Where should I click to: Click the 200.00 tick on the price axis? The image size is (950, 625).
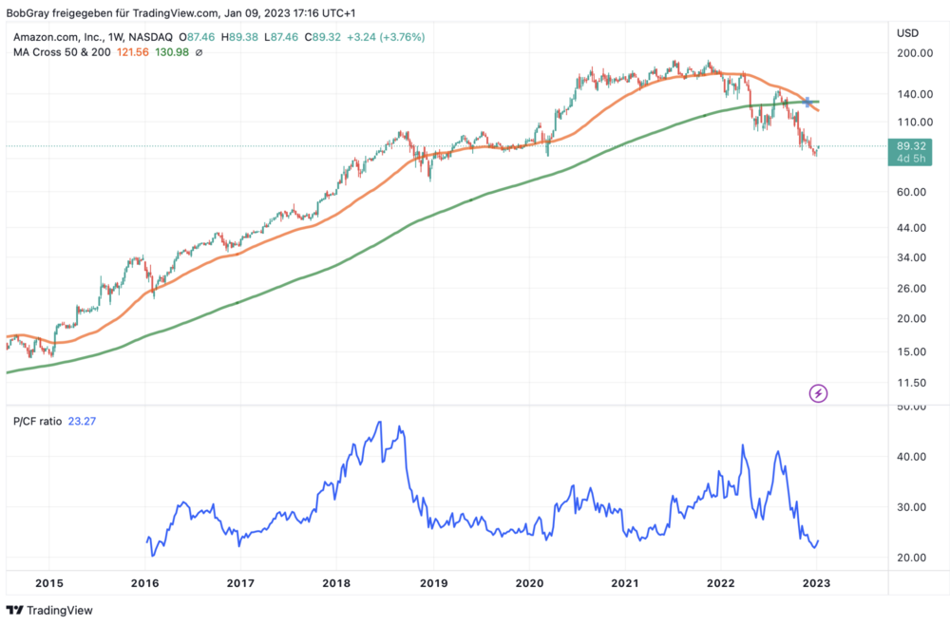(x=912, y=54)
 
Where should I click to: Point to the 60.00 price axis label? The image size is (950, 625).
(x=912, y=192)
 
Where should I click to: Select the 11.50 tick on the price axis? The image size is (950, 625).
(x=912, y=383)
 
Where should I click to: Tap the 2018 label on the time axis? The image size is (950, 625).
(x=336, y=582)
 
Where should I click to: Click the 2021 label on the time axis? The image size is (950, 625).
(x=624, y=582)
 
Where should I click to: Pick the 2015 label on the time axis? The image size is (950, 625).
(x=48, y=582)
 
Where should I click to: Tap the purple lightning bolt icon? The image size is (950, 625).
(x=818, y=392)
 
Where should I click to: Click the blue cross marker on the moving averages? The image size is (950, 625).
(x=807, y=102)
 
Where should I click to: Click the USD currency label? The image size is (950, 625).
(x=907, y=33)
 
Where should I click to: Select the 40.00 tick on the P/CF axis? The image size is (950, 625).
(x=911, y=457)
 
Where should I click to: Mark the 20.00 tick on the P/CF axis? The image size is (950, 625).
(x=911, y=558)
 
